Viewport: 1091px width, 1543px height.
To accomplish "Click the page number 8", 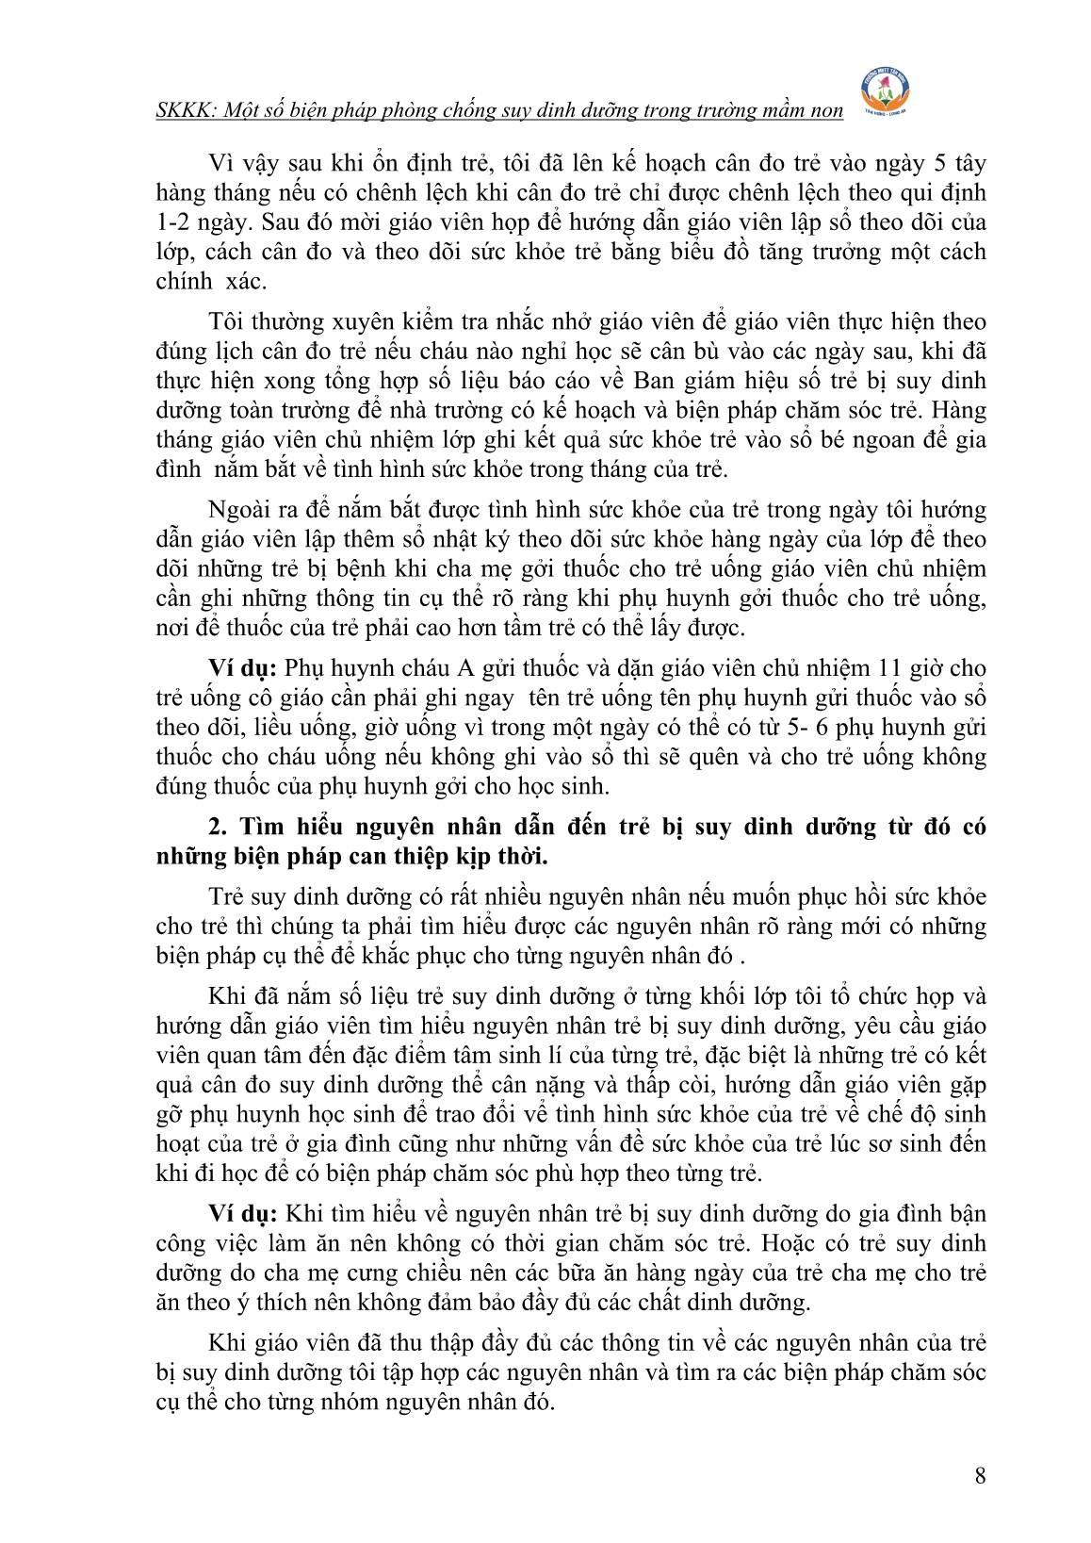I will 980,1476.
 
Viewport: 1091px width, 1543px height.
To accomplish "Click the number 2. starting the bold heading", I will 219,827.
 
